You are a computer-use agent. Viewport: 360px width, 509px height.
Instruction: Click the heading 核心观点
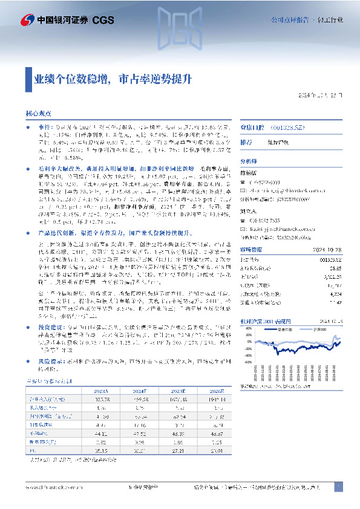click(38, 114)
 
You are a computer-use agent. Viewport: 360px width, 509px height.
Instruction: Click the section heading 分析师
click(249, 162)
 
